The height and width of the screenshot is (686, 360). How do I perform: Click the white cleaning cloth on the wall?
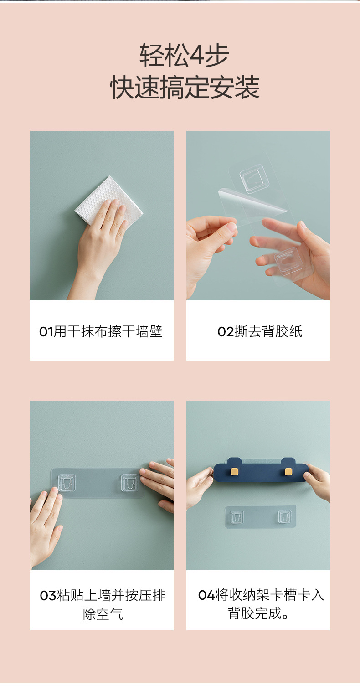pyautogui.click(x=108, y=200)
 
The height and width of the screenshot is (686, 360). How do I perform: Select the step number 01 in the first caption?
pyautogui.click(x=46, y=332)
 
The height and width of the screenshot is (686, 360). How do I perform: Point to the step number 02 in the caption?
pyautogui.click(x=226, y=332)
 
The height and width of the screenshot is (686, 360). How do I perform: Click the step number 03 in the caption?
pyautogui.click(x=48, y=596)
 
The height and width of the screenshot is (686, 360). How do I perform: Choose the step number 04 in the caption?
pyautogui.click(x=206, y=595)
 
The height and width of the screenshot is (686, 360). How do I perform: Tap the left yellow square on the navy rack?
pyautogui.click(x=235, y=471)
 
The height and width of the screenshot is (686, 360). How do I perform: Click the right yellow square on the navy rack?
pyautogui.click(x=288, y=471)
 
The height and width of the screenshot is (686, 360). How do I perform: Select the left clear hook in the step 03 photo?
pyautogui.click(x=67, y=483)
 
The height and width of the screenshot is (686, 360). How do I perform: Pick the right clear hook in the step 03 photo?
pyautogui.click(x=129, y=483)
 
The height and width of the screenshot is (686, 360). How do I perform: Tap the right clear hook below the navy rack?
pyautogui.click(x=285, y=517)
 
